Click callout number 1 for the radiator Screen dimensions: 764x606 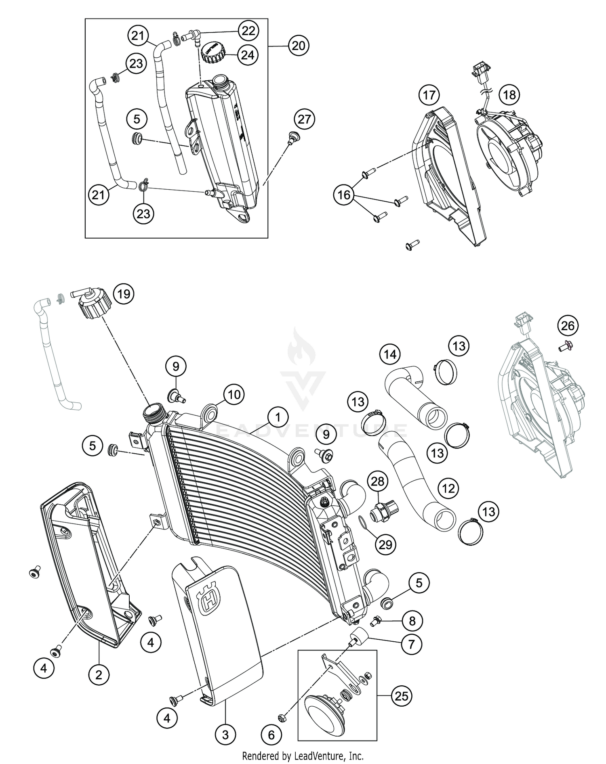pyautogui.click(x=277, y=418)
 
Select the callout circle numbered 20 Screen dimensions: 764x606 pyautogui.click(x=299, y=46)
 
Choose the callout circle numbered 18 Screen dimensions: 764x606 pyautogui.click(x=509, y=95)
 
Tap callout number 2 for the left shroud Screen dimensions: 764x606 pyautogui.click(x=99, y=674)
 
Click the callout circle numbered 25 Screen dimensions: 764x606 pyautogui.click(x=401, y=696)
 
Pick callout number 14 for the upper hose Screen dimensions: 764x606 pyautogui.click(x=390, y=354)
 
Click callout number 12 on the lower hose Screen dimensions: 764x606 pyautogui.click(x=448, y=489)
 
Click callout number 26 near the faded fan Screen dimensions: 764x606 pyautogui.click(x=568, y=325)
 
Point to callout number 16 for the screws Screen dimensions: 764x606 pyautogui.click(x=344, y=195)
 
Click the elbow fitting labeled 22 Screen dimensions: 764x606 pyautogui.click(x=193, y=38)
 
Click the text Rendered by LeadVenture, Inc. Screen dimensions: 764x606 pyautogui.click(x=303, y=755)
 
